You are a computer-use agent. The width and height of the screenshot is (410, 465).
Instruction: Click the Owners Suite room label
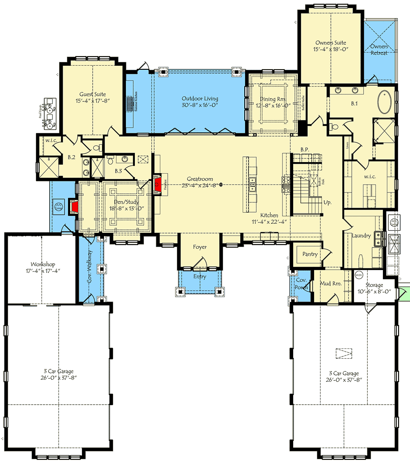tap(330, 43)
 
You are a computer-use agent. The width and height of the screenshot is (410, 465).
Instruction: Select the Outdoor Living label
tap(200, 98)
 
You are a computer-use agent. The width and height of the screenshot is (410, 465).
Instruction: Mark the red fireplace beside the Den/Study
tap(73, 207)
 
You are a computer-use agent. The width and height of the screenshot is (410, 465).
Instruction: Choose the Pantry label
tap(310, 254)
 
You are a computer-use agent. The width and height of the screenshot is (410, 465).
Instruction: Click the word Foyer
tap(200, 247)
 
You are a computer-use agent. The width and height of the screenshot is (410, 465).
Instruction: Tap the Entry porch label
tap(200, 277)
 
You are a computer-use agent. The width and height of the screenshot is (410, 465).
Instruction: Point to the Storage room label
tap(374, 285)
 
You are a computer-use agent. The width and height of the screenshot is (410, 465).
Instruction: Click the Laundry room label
tap(361, 236)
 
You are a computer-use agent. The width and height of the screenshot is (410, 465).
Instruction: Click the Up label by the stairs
tap(327, 203)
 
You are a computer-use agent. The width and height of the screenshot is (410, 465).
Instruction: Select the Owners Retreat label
tap(379, 49)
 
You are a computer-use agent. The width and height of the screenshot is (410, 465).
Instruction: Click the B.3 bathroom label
tap(118, 171)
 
